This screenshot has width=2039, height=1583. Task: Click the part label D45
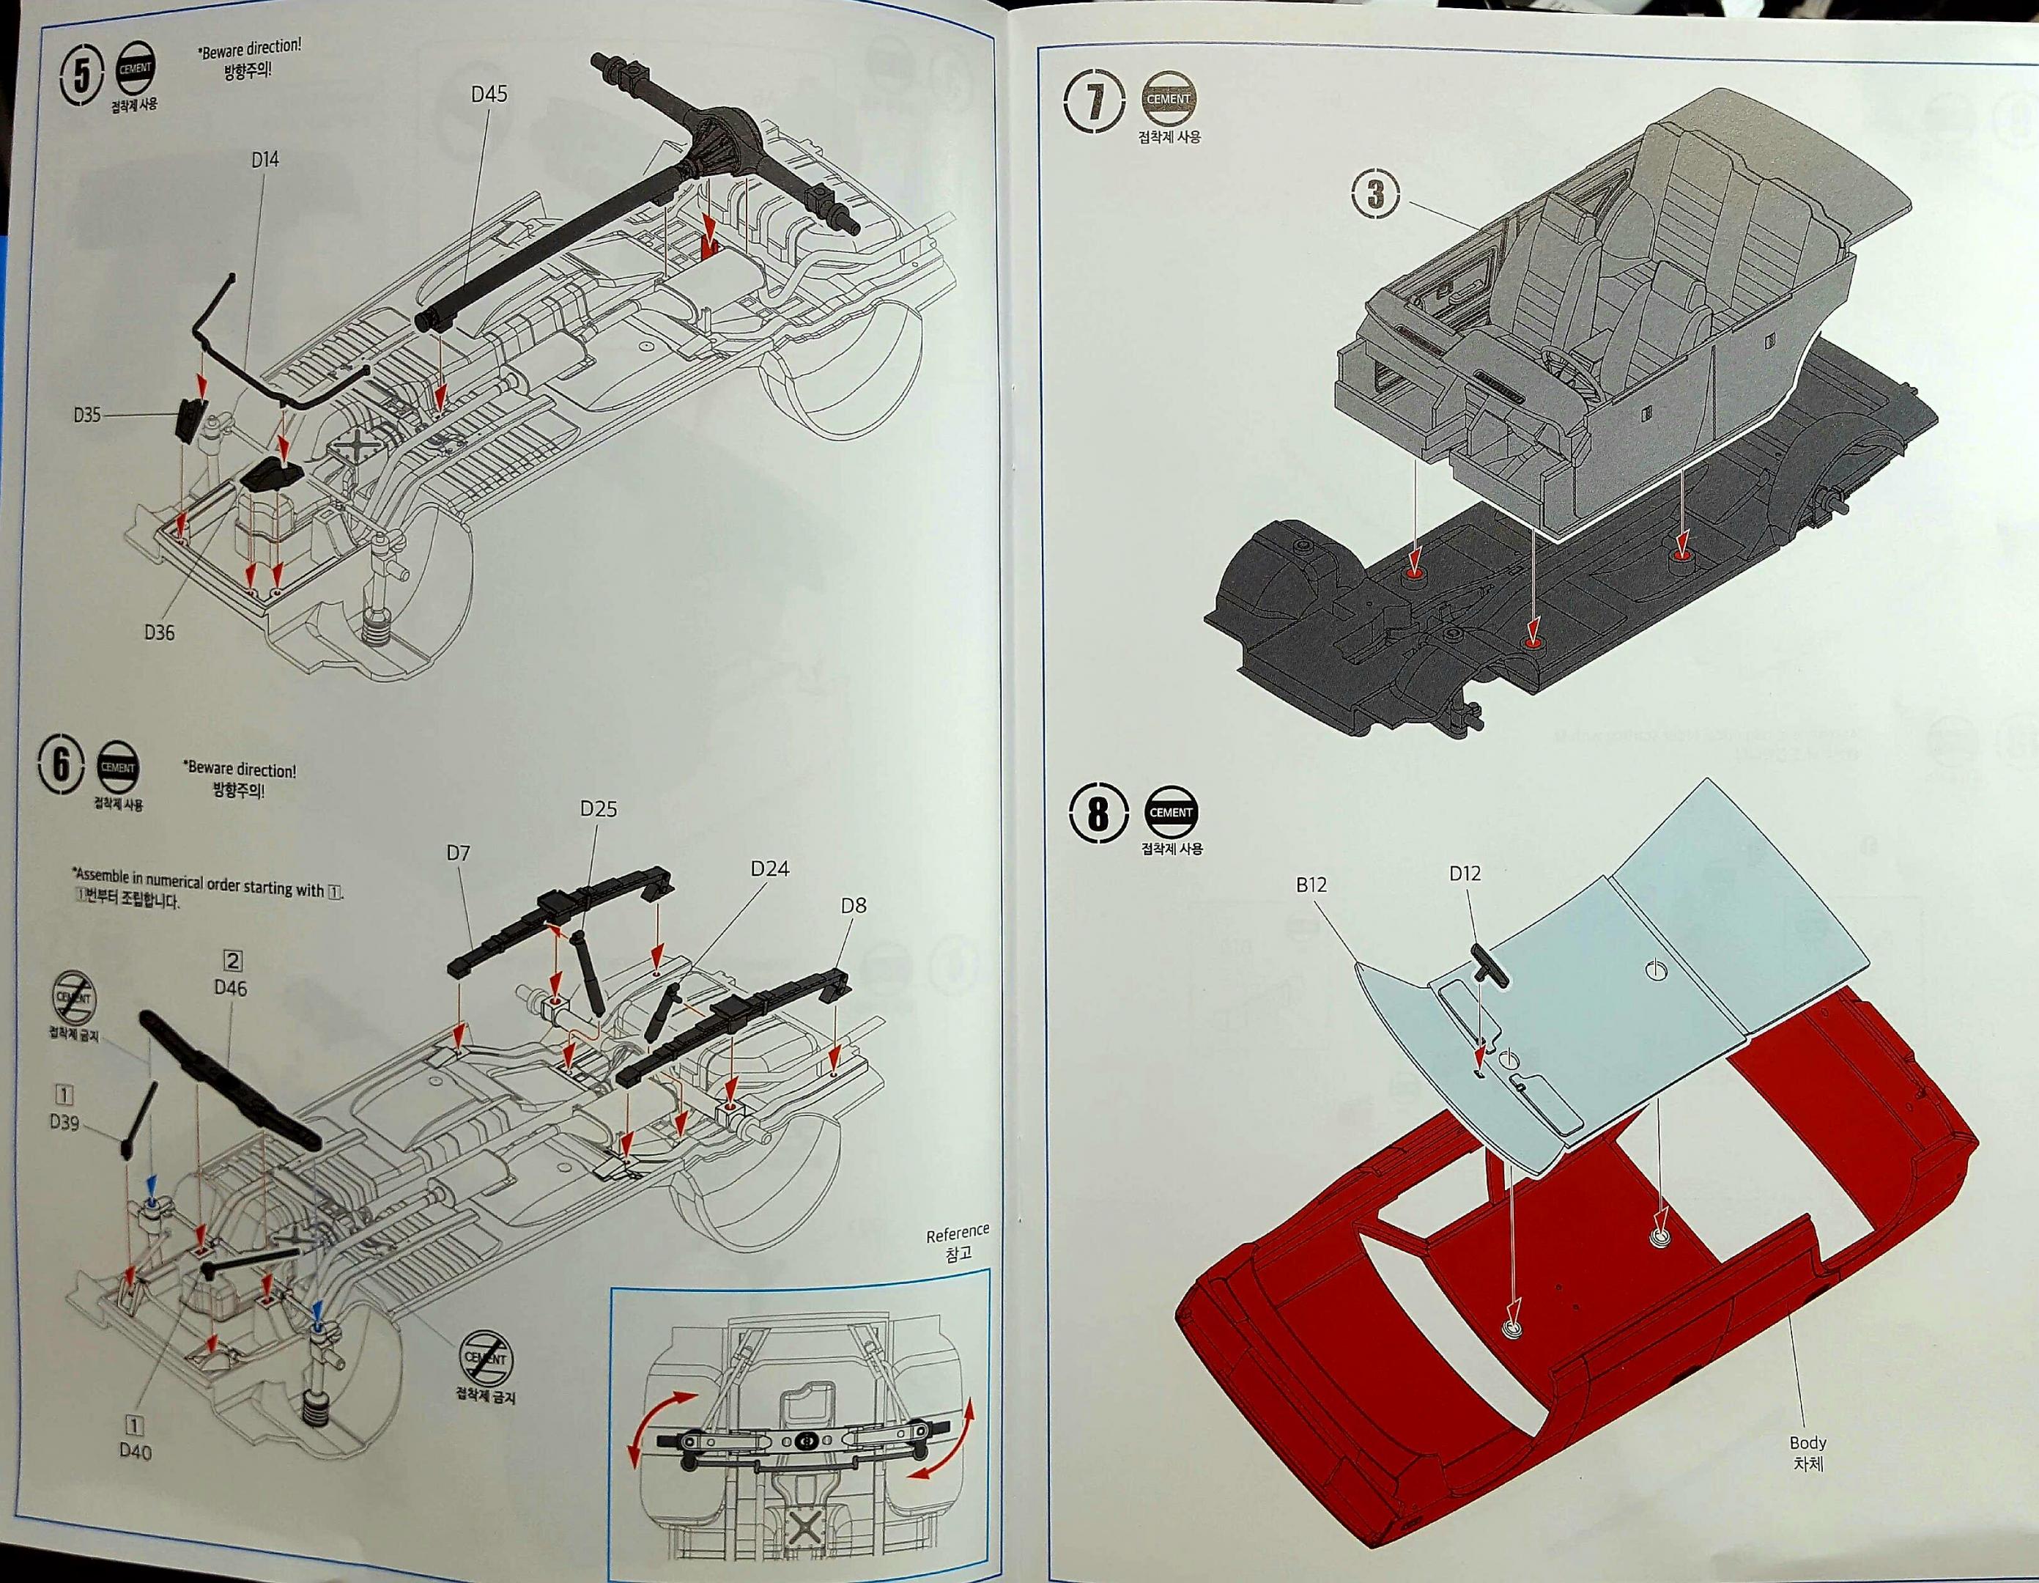(x=488, y=95)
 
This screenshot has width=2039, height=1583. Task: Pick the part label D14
(x=264, y=160)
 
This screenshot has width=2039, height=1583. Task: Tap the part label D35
(x=87, y=415)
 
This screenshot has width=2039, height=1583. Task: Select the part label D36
(x=159, y=632)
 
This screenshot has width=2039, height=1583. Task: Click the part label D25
(x=598, y=809)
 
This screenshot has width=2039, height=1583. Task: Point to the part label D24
(x=769, y=868)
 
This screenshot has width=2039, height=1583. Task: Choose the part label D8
(x=852, y=905)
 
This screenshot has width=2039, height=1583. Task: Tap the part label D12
(x=1465, y=874)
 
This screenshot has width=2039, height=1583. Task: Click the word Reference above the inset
(x=957, y=1233)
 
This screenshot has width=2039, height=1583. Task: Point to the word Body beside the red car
(x=1807, y=1443)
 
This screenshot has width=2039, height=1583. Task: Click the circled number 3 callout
(x=1375, y=196)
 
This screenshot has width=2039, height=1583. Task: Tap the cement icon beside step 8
(x=1171, y=813)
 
